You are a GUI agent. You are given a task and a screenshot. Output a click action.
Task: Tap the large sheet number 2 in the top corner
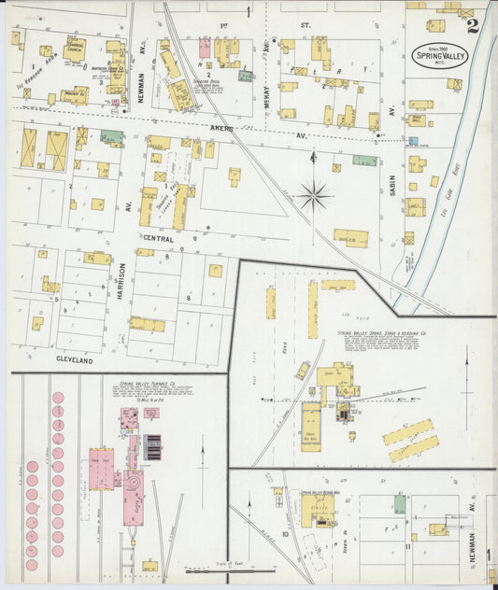pyautogui.click(x=473, y=25)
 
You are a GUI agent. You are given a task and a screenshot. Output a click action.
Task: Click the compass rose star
pyautogui.click(x=314, y=196)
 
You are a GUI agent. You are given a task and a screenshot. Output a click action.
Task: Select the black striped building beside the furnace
pyautogui.click(x=151, y=448)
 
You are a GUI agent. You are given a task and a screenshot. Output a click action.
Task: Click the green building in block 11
pyautogui.click(x=400, y=504)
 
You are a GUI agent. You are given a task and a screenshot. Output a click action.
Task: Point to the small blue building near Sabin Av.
pyautogui.click(x=413, y=142)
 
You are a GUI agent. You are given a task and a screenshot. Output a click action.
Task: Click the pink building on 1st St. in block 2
pyautogui.click(x=204, y=49)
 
